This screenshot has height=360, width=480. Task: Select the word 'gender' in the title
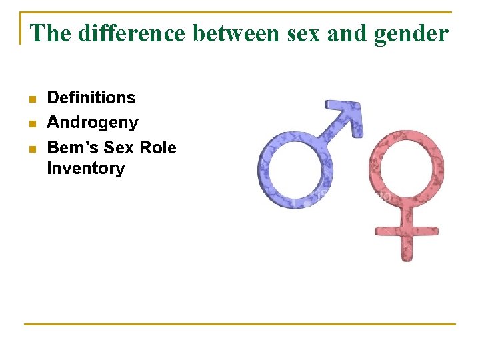coord(411,33)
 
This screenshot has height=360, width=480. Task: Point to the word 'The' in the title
coord(51,33)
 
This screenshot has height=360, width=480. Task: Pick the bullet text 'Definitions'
coord(91,98)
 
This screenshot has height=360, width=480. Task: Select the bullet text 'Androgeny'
coord(93,123)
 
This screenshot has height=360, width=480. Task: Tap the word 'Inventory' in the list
coord(85,169)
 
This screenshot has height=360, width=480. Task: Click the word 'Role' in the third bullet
coord(158,147)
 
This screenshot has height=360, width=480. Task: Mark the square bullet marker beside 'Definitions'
coord(31,99)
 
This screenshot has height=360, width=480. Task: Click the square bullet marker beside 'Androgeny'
coord(31,124)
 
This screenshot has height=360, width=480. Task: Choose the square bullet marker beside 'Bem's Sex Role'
coord(31,149)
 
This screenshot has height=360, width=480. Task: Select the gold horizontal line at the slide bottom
coord(239,325)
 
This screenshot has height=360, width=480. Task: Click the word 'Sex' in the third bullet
coord(121,147)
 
